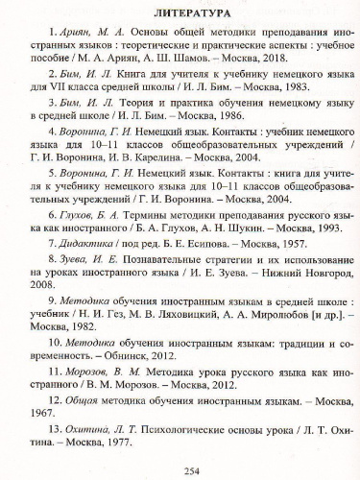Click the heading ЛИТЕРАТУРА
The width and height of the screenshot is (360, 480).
point(179,15)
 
